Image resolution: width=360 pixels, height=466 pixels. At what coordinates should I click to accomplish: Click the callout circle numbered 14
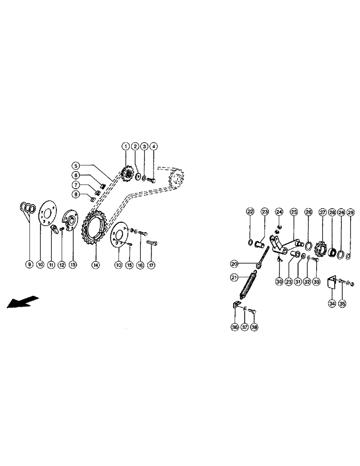[x=95, y=265]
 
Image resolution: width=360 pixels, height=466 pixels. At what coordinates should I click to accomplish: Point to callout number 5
[x=76, y=165]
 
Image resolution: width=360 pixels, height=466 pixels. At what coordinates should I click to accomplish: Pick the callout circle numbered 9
[x=28, y=265]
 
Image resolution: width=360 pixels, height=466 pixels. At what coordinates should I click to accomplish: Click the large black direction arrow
[x=19, y=302]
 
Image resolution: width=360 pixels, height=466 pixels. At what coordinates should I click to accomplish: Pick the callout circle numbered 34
[x=332, y=303]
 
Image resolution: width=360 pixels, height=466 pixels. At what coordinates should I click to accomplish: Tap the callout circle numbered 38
[x=254, y=327]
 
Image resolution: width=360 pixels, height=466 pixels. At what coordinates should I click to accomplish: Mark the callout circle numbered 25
[x=294, y=212]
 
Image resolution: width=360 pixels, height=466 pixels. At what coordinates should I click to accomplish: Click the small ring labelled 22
[x=250, y=242]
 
